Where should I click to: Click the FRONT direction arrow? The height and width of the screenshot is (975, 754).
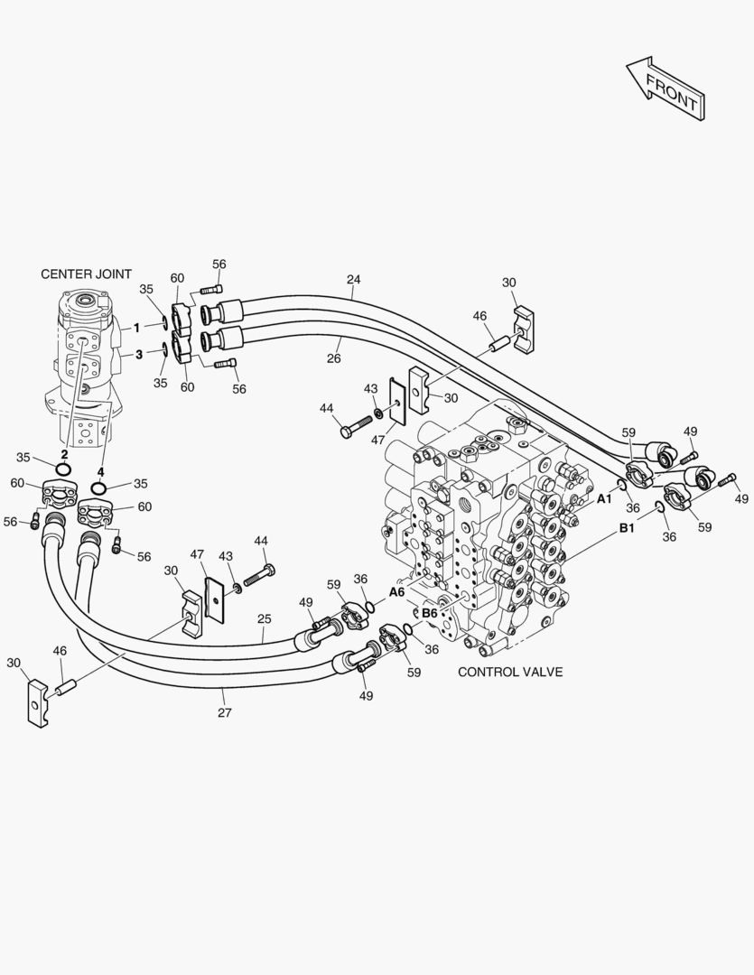665,88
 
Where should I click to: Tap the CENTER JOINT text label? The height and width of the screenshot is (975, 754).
87,274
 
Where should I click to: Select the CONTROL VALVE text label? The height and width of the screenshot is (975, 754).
510,672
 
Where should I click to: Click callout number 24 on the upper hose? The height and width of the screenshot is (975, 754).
353,280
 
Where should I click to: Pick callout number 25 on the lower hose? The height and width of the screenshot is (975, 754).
265,619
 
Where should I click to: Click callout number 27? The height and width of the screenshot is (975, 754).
225,712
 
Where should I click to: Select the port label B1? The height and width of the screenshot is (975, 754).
627,528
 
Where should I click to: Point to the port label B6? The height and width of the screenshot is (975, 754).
430,613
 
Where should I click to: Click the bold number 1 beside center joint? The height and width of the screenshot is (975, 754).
137,328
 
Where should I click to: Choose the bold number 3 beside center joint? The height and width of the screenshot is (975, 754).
139,355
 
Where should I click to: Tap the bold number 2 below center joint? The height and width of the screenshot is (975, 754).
64,454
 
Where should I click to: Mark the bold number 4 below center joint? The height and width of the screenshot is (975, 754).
100,472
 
